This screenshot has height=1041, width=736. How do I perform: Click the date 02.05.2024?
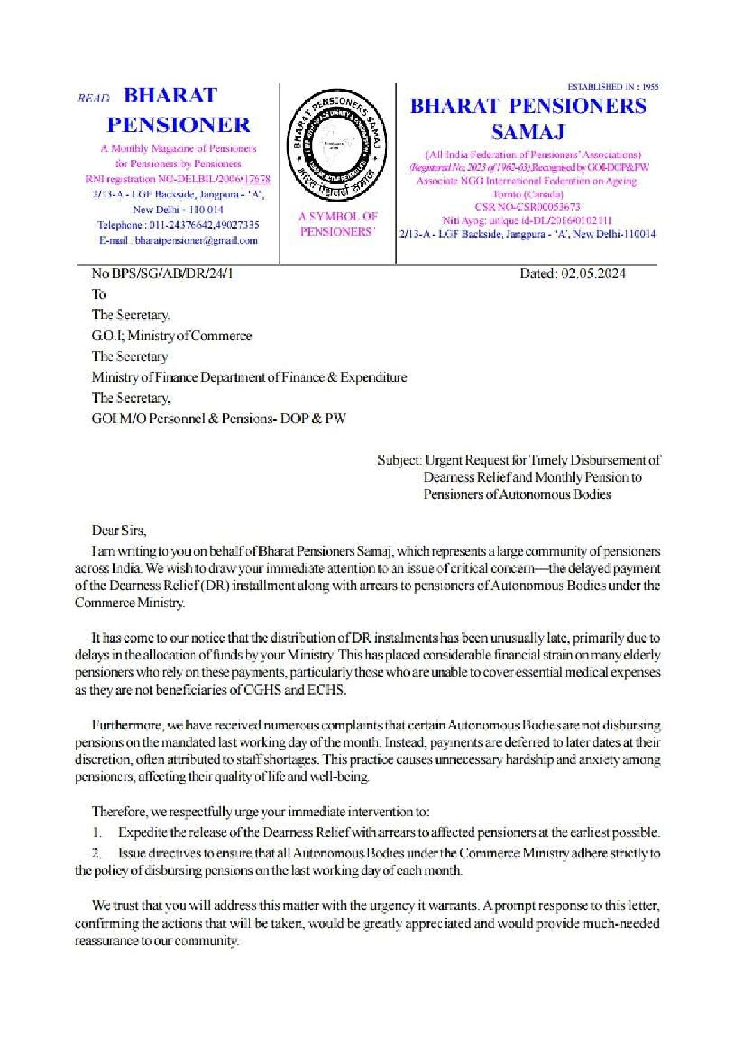coord(592,274)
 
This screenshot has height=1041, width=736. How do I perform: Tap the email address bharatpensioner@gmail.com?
coord(196,241)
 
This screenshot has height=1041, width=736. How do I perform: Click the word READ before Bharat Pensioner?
coord(93,98)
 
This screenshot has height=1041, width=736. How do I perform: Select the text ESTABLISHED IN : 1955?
coord(613,87)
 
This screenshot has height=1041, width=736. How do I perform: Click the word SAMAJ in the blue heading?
coord(527,131)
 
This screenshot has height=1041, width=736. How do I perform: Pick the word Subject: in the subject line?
coord(399,460)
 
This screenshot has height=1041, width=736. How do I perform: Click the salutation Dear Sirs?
coord(119,531)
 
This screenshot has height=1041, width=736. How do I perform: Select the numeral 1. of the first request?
coord(97,832)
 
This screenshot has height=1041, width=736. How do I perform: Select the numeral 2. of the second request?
coord(97,853)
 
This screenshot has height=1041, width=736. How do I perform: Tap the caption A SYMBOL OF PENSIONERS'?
coord(337,224)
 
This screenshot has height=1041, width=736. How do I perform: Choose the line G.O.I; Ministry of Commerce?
coord(172,336)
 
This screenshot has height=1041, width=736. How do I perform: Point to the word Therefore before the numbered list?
coord(119,812)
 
